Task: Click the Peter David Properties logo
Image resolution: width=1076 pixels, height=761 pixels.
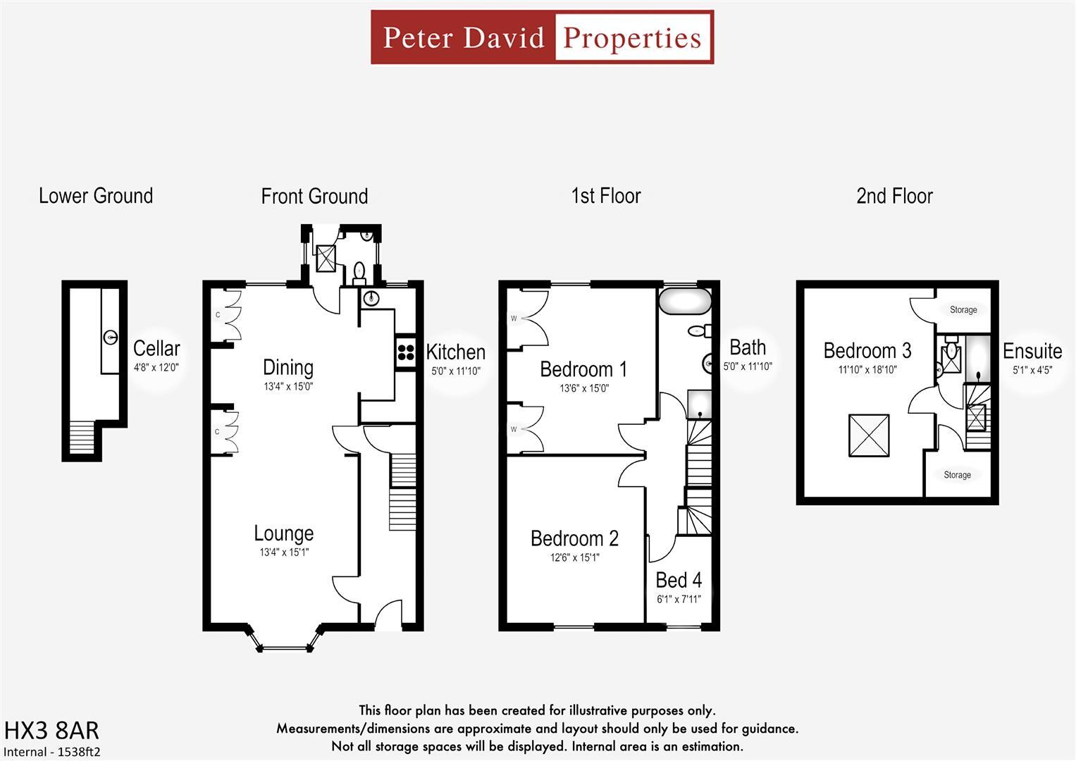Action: pyautogui.click(x=542, y=37)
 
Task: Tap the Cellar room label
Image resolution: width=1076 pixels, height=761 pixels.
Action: pyautogui.click(x=156, y=348)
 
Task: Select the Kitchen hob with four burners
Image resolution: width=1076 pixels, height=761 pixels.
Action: pyautogui.click(x=405, y=351)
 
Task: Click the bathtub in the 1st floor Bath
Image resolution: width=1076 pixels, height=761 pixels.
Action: pyautogui.click(x=685, y=301)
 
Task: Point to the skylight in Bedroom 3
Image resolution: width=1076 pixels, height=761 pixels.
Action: pyautogui.click(x=868, y=435)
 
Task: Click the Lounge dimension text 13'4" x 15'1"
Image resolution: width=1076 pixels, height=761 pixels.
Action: pyautogui.click(x=284, y=552)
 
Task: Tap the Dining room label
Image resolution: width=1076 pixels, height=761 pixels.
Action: pyautogui.click(x=287, y=367)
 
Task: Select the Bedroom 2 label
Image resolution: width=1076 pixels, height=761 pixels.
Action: pyautogui.click(x=574, y=538)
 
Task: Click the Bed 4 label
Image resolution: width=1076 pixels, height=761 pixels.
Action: pyautogui.click(x=678, y=580)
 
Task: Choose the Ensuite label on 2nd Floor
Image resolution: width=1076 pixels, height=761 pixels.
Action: pyautogui.click(x=1032, y=350)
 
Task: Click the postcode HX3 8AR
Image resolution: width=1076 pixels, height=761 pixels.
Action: pyautogui.click(x=51, y=730)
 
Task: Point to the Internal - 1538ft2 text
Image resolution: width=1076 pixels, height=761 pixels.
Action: pyautogui.click(x=52, y=752)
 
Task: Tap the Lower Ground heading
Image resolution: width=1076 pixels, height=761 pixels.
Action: pyautogui.click(x=96, y=196)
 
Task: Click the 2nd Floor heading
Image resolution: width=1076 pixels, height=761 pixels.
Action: pyautogui.click(x=894, y=196)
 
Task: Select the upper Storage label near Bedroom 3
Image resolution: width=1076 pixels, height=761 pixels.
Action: pyautogui.click(x=963, y=309)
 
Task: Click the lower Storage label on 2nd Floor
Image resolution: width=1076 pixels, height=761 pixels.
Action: pyautogui.click(x=957, y=475)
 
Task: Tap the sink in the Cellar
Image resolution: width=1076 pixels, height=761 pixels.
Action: pyautogui.click(x=111, y=338)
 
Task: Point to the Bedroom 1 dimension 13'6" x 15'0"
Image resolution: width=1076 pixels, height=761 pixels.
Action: pyautogui.click(x=583, y=388)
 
